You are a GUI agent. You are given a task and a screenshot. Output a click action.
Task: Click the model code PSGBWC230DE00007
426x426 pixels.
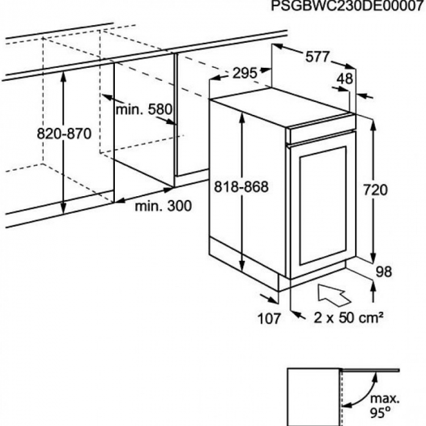(348, 6)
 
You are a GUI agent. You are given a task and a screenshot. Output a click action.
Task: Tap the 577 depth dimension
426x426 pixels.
(317, 56)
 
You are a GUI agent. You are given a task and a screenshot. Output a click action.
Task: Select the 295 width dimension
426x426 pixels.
(244, 73)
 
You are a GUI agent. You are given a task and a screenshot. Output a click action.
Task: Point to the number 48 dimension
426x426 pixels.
(345, 78)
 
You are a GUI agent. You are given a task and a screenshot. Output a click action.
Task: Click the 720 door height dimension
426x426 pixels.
(375, 189)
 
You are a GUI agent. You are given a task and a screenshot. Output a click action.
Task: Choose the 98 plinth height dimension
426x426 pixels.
(384, 271)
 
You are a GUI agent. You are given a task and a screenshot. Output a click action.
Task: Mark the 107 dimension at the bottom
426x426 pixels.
(269, 318)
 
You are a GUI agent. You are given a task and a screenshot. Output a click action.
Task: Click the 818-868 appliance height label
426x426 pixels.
(241, 186)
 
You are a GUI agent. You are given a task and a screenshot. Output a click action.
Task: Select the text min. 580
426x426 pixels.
(144, 109)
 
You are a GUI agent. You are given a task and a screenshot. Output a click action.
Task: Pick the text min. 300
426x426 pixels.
(163, 206)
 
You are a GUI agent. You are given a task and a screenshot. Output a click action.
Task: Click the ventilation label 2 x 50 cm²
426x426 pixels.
(348, 317)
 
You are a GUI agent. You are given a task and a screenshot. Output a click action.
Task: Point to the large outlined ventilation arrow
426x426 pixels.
(334, 295)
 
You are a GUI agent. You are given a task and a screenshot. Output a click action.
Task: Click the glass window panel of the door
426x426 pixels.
(323, 205)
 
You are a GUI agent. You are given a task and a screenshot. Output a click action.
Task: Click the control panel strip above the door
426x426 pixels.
(323, 130)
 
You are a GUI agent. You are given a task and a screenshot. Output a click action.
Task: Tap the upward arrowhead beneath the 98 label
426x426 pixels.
(373, 286)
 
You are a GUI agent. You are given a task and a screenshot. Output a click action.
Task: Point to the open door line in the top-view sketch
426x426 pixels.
(370, 370)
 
